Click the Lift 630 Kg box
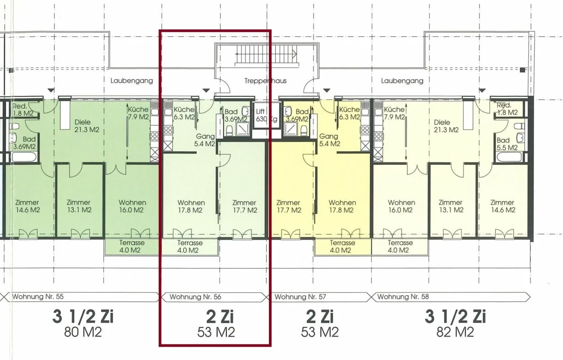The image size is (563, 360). (x=266, y=116)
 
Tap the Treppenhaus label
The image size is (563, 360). (x=265, y=81)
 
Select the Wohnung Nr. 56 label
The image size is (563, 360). (x=195, y=297)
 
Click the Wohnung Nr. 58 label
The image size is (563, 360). (x=403, y=297)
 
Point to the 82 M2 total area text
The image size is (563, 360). (x=455, y=332)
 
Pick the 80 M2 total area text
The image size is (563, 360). (x=83, y=332)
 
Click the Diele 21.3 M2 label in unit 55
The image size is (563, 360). (x=86, y=126)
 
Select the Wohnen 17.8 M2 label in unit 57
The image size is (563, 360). (x=342, y=206)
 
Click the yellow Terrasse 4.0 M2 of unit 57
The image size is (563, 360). (x=342, y=247)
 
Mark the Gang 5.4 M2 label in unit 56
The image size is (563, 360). (x=205, y=140)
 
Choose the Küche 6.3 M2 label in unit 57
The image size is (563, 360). (x=349, y=113)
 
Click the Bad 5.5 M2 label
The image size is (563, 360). (x=507, y=144)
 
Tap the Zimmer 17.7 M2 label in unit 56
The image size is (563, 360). (x=244, y=206)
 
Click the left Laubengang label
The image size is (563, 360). (x=132, y=81)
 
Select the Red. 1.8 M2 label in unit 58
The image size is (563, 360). (x=507, y=109)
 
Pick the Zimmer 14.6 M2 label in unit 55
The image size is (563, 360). (x=27, y=206)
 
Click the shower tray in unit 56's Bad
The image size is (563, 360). (x=242, y=129)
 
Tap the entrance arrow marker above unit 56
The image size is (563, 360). (x=206, y=90)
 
